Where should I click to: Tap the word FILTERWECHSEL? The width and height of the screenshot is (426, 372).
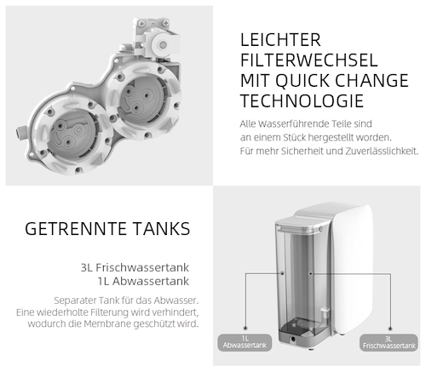tap(304, 61)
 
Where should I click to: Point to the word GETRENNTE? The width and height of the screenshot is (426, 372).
tap(76, 230)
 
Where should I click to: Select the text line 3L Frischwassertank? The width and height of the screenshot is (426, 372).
tap(141, 266)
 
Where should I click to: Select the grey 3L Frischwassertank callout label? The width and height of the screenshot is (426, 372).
tap(388, 341)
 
